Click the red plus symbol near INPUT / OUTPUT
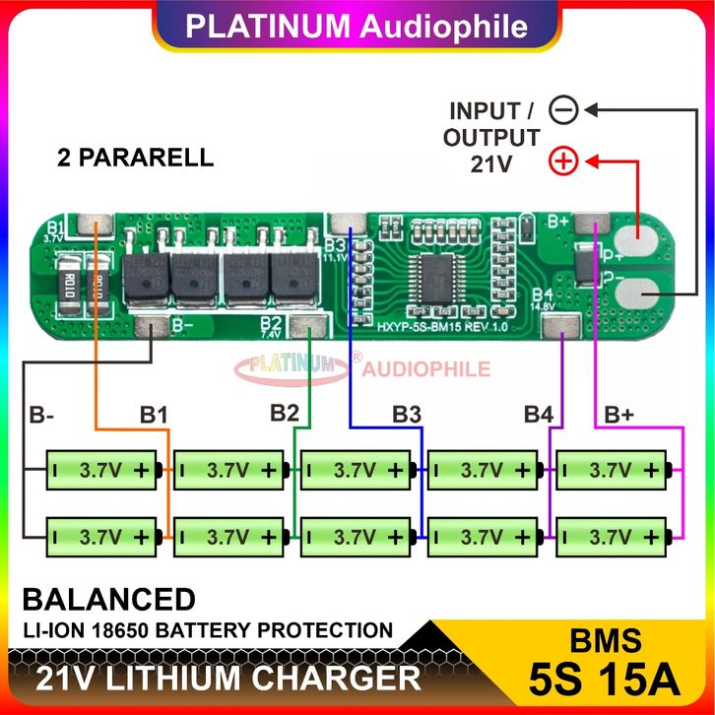pos(563,161)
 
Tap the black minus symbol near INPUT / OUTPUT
pos(563,110)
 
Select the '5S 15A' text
pos(604,680)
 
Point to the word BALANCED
pos(108,599)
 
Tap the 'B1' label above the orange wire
pos(153,416)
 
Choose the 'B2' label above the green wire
pos(284,414)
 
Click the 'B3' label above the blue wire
pos(407,415)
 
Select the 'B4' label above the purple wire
pos(538,414)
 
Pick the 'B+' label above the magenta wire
pos(618,416)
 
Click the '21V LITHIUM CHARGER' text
pos(228,679)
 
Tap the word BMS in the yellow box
pos(605,640)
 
